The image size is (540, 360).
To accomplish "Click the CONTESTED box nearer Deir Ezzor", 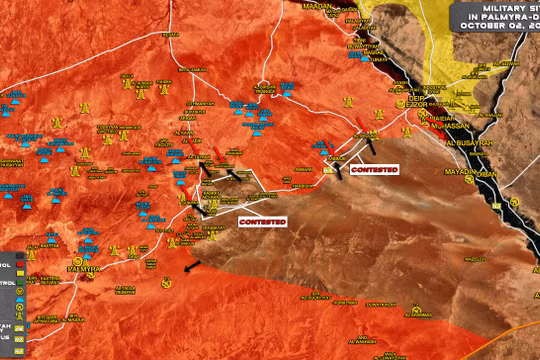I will (374, 170).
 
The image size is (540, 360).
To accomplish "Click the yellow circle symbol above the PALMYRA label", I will (84, 258).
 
